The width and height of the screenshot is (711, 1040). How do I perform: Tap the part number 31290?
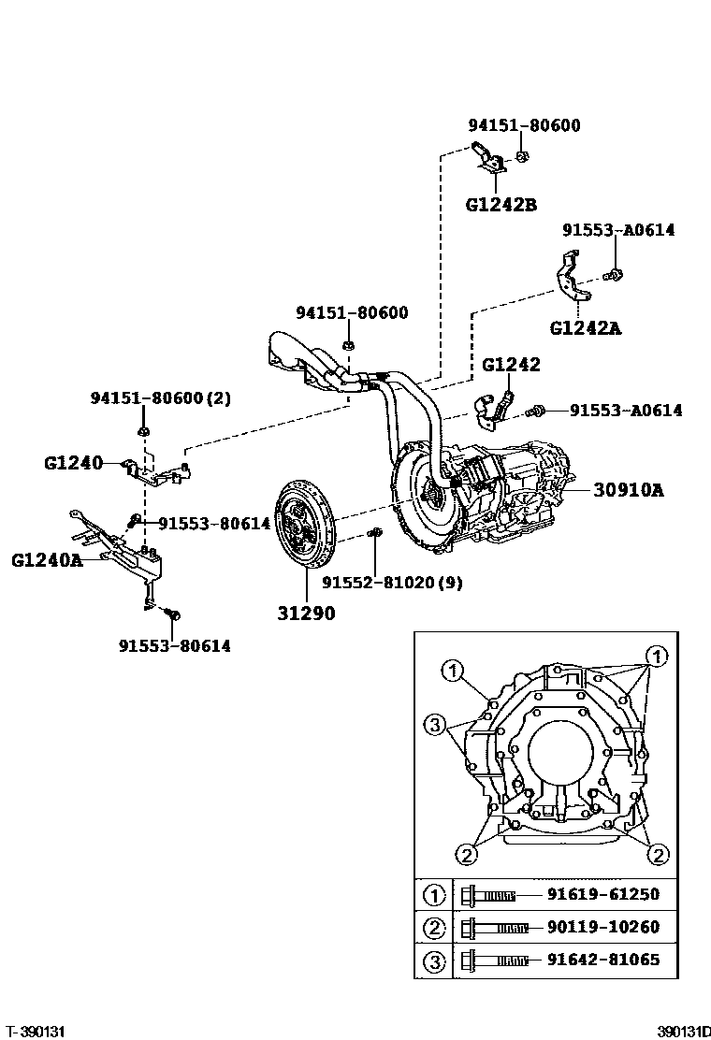[x=305, y=614]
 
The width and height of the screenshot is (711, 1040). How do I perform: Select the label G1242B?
[x=501, y=204]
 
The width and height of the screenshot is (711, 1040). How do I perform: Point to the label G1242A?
[x=585, y=327]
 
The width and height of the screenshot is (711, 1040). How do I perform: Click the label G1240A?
[x=47, y=561]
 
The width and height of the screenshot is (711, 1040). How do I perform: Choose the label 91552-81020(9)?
[x=392, y=582]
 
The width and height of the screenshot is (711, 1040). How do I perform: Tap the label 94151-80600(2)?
[x=160, y=397]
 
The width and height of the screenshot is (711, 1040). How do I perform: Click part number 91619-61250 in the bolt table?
[x=602, y=894]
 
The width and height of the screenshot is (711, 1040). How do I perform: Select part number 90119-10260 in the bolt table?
[x=602, y=927]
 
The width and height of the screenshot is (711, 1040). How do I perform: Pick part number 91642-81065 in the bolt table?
[x=602, y=960]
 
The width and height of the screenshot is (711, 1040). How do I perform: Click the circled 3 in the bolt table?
[x=434, y=961]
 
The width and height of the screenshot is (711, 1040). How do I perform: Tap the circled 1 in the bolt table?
[x=434, y=895]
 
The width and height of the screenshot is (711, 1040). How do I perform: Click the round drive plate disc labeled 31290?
[x=305, y=526]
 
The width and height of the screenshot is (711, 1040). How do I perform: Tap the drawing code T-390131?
[x=35, y=1030]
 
